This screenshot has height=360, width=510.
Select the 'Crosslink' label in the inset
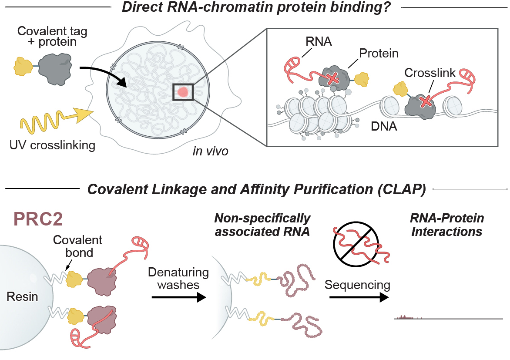[426, 73]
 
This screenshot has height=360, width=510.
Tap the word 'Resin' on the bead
[23, 297]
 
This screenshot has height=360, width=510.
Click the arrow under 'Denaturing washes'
[178, 298]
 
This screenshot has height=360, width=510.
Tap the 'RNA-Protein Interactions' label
[447, 225]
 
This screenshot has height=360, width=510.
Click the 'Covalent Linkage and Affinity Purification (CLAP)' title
[256, 190]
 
